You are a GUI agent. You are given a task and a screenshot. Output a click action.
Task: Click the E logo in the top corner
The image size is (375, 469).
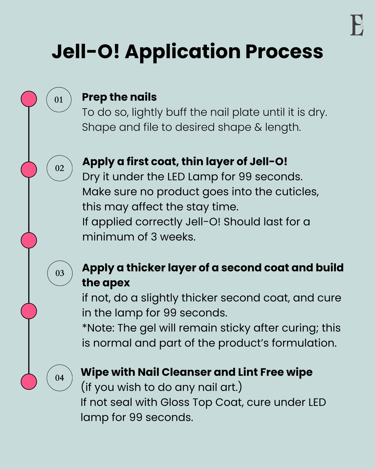[357, 25]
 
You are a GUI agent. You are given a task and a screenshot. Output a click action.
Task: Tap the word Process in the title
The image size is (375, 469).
[284, 51]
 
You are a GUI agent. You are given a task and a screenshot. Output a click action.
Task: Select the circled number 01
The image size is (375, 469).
[59, 100]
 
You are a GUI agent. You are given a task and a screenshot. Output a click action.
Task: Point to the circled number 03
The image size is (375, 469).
[60, 273]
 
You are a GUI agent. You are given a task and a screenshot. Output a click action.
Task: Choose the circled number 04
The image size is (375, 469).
[59, 378]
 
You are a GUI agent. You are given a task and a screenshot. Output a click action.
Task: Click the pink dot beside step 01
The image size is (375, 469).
[29, 99]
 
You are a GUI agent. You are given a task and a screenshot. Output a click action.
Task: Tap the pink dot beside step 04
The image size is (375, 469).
[29, 382]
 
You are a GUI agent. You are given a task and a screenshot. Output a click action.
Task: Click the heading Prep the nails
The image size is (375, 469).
[119, 97]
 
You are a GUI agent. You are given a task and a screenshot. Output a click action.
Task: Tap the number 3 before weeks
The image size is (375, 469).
[154, 237]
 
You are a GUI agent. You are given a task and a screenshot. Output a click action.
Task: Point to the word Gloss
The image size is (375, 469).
[174, 402]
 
